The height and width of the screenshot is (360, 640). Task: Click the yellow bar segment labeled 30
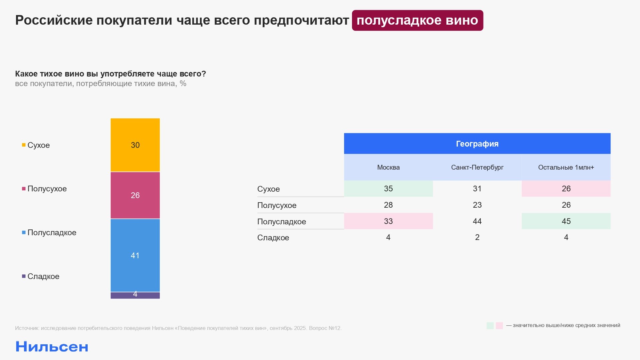135,145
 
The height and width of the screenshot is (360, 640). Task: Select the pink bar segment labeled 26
135,195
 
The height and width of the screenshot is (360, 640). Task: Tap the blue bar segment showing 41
135,255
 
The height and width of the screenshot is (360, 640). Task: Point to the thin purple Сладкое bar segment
135,296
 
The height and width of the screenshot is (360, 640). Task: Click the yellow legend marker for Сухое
24,145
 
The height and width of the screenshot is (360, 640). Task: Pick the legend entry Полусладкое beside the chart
52,233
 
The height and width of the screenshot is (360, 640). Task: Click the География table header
477,144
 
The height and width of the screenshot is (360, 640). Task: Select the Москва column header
388,167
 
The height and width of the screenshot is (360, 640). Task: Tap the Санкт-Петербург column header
477,167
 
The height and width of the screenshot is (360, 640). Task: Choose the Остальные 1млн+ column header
566,167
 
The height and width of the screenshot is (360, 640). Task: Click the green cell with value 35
388,189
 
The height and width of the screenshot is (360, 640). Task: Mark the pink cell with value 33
388,221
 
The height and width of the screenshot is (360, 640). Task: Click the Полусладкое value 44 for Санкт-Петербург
477,221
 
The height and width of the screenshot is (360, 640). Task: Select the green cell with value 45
566,221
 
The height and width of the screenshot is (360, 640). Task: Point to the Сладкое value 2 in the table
477,237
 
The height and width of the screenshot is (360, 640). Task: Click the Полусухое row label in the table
277,205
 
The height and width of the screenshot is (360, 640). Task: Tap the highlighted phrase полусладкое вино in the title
417,20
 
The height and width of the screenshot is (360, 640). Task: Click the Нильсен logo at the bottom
52,347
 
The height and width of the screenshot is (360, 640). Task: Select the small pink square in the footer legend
499,326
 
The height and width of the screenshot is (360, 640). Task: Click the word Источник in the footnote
27,328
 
